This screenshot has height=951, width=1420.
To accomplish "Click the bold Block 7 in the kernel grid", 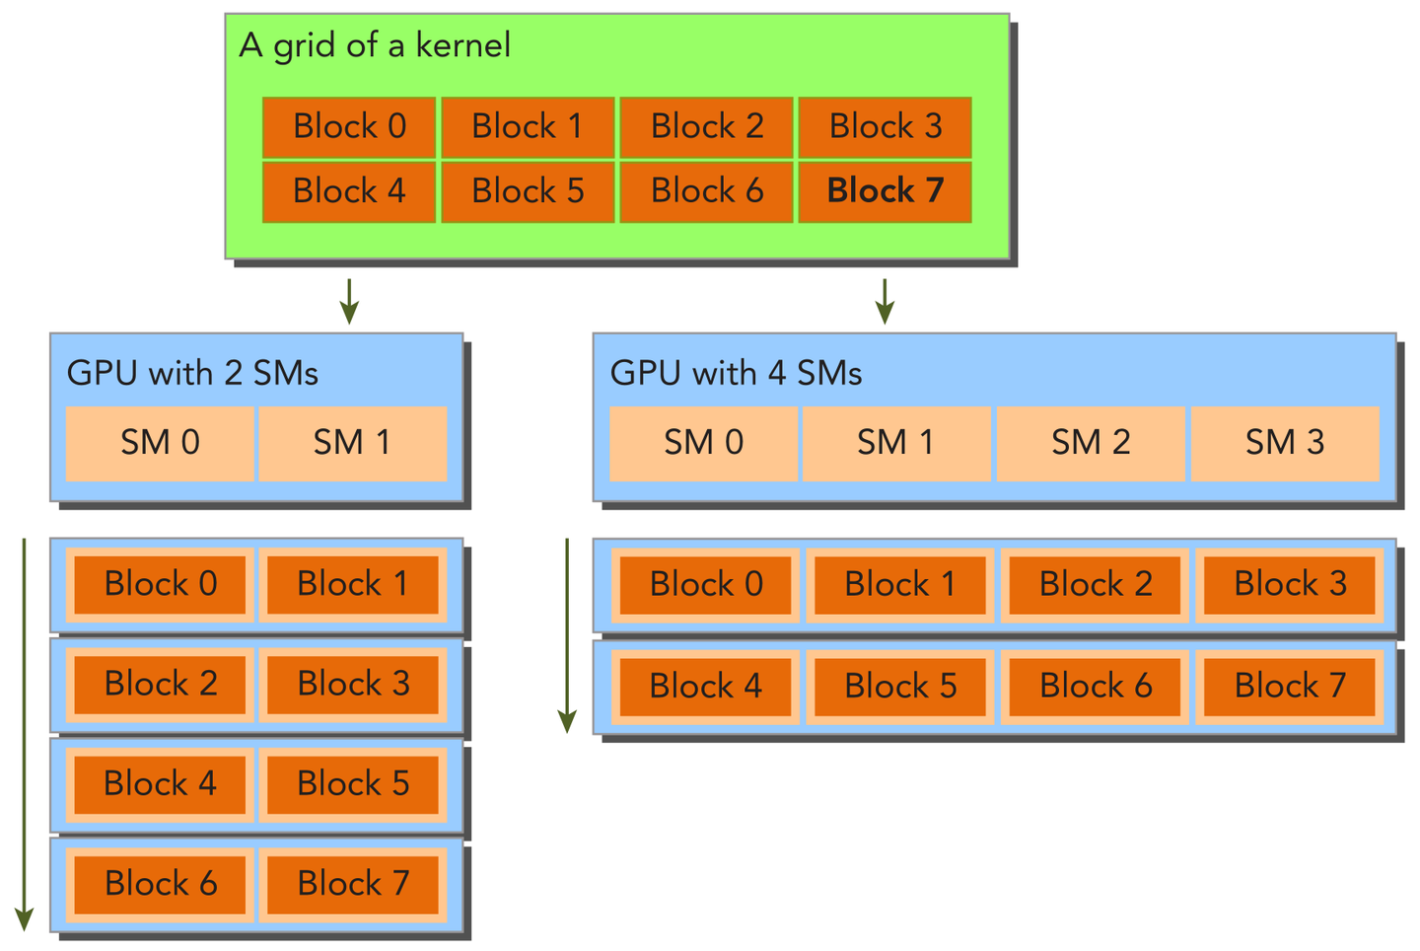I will pyautogui.click(x=885, y=191).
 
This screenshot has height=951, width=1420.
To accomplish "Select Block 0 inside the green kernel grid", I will pyautogui.click(x=349, y=127).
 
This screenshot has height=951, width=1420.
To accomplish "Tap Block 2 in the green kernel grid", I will pyautogui.click(x=706, y=127).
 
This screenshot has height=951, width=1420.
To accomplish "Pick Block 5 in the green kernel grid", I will pyautogui.click(x=528, y=191).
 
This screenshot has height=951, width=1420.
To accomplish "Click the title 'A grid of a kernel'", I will pyautogui.click(x=375, y=45).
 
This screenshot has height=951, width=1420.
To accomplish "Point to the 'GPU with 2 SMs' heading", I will pyautogui.click(x=192, y=373).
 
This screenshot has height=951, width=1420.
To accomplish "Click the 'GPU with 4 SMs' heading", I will pyautogui.click(x=736, y=373).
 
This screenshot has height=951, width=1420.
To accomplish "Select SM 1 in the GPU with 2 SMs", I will pyautogui.click(x=352, y=443).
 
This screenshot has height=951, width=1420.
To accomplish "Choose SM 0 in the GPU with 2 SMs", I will pyautogui.click(x=160, y=443).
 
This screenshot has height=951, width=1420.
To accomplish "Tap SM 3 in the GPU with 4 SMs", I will pyautogui.click(x=1284, y=443).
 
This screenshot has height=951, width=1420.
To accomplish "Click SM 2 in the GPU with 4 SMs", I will pyautogui.click(x=1091, y=443).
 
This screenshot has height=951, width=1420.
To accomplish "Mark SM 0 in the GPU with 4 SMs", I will pyautogui.click(x=703, y=443).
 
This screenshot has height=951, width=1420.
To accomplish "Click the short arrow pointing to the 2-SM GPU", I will pyautogui.click(x=348, y=301).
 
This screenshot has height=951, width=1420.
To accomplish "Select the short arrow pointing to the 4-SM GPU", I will pyautogui.click(x=885, y=301).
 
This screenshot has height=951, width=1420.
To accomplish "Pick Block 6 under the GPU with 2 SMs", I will pyautogui.click(x=160, y=883).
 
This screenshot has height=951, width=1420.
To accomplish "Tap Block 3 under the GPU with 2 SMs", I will pyautogui.click(x=353, y=684).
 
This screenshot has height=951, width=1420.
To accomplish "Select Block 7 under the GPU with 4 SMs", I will pyautogui.click(x=1290, y=686).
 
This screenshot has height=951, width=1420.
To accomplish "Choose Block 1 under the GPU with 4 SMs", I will pyautogui.click(x=899, y=584).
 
